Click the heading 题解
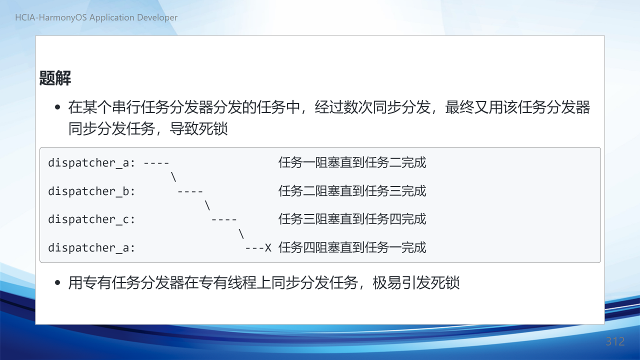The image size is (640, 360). pyautogui.click(x=55, y=78)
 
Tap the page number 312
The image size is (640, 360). pyautogui.click(x=615, y=341)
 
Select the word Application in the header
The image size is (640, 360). pyautogui.click(x=112, y=18)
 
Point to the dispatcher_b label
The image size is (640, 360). pyautogui.click(x=91, y=191)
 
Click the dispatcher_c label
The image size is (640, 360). pyautogui.click(x=91, y=219)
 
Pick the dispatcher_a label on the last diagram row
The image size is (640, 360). pyautogui.click(x=91, y=247)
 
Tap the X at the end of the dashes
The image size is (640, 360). pyautogui.click(x=267, y=247)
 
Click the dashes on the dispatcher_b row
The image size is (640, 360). pyautogui.click(x=190, y=191)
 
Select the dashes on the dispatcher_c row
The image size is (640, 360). pyautogui.click(x=224, y=219)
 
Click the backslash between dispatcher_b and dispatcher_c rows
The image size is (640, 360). pyautogui.click(x=207, y=205)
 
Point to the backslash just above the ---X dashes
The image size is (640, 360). pyautogui.click(x=241, y=233)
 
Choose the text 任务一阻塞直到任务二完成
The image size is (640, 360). pyautogui.click(x=352, y=162)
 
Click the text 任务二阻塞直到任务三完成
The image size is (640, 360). pyautogui.click(x=352, y=191)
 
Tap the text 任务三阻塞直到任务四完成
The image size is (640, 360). pyautogui.click(x=352, y=219)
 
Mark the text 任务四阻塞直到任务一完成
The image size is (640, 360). pyautogui.click(x=352, y=247)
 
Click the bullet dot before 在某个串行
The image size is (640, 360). pyautogui.click(x=57, y=107)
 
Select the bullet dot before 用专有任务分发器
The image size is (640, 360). pyautogui.click(x=57, y=283)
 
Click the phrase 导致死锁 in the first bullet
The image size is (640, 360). pyautogui.click(x=198, y=128)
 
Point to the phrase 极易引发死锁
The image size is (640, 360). pyautogui.click(x=416, y=283)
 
